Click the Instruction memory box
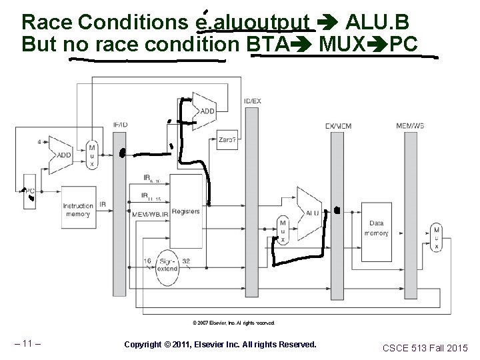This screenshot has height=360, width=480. click(78, 210)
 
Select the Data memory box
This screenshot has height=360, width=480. click(376, 229)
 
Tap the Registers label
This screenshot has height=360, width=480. click(185, 211)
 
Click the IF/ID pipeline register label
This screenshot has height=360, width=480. click(121, 125)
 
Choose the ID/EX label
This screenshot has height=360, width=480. click(253, 101)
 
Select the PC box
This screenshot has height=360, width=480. click(29, 190)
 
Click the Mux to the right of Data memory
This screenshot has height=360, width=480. click(437, 237)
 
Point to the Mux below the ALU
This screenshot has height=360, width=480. click(283, 231)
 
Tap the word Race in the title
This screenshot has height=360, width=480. click(45, 22)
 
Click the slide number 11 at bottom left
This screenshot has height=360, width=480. click(28, 344)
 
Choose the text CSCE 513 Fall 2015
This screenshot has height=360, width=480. click(425, 347)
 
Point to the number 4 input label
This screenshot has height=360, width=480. click(40, 141)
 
